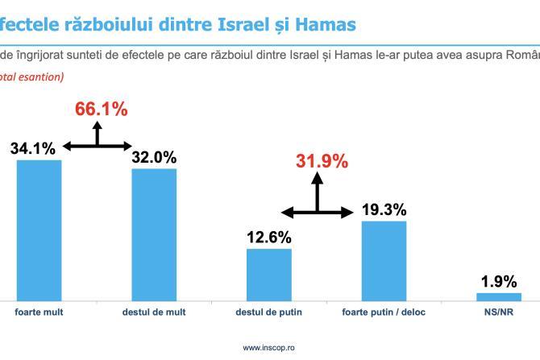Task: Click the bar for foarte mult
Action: pyautogui.click(x=39, y=230)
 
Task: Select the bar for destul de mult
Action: pyautogui.click(x=154, y=234)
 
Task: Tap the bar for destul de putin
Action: pyautogui.click(x=269, y=274)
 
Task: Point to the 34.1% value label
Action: pyautogui.click(x=33, y=148)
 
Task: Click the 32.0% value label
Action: pyautogui.click(x=154, y=157)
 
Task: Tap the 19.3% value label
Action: pyautogui.click(x=384, y=209)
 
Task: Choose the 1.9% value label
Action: pyautogui.click(x=499, y=281)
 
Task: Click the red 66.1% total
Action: pyautogui.click(x=102, y=110)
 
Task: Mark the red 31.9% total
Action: pyautogui.click(x=322, y=161)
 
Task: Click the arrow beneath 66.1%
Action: pyautogui.click(x=98, y=142)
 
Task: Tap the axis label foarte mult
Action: pyautogui.click(x=39, y=312)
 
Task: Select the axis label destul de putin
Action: pyautogui.click(x=269, y=312)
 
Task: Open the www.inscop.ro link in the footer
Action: pyautogui.click(x=269, y=347)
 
